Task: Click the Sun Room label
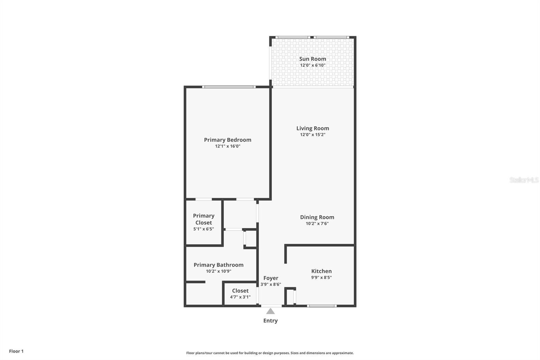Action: [x=313, y=59]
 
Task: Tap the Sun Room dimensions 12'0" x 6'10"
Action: [x=313, y=65]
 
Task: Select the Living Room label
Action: [x=313, y=128]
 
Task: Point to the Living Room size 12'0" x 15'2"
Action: [x=313, y=135]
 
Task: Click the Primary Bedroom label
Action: [x=227, y=140]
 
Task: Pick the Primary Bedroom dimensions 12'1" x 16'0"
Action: [x=227, y=146]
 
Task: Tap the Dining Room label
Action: [x=317, y=217]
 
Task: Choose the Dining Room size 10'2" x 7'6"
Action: [x=317, y=224]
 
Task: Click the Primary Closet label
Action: [x=204, y=219]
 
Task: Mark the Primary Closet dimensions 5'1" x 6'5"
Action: [x=204, y=229]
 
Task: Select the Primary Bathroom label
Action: [x=218, y=265]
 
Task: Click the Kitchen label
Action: [x=321, y=271]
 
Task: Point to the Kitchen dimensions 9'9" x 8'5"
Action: [x=321, y=278]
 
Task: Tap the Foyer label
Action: [x=271, y=278]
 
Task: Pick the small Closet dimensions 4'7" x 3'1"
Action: [x=240, y=297]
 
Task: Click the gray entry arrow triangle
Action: [x=270, y=311]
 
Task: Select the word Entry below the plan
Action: [x=270, y=321]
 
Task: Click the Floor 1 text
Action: [x=16, y=351]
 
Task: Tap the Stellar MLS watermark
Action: [x=524, y=180]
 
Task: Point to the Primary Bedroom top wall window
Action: [x=228, y=87]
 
